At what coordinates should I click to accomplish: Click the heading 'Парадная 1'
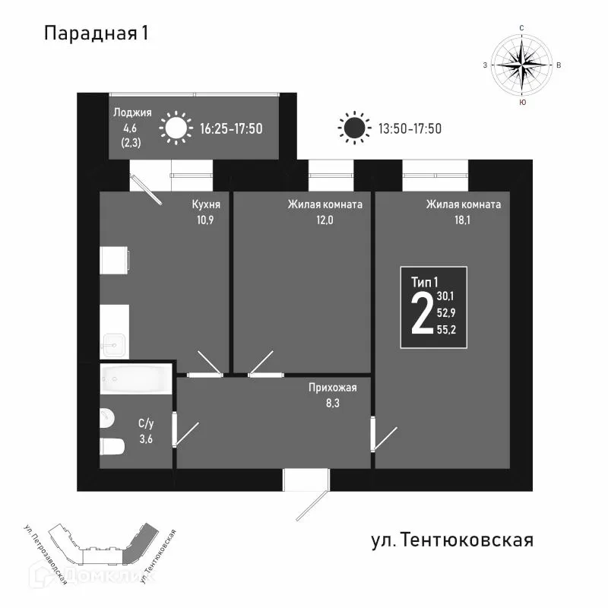pos(96,33)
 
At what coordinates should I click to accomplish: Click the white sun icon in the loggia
pos(176,128)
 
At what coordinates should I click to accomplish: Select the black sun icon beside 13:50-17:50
pos(353,128)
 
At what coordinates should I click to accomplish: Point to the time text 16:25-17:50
pos(231,128)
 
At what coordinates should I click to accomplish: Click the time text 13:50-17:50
pos(410,128)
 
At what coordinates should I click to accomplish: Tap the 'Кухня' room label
pos(206,204)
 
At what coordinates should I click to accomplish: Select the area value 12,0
pos(324,220)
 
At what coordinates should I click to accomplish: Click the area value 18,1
pos(463,220)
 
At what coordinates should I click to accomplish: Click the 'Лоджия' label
pos(132,112)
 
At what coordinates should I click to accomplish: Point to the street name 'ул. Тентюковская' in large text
pos(452,540)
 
